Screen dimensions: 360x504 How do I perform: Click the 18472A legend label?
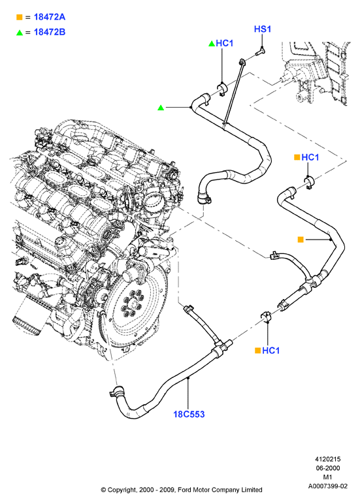pos(50,17)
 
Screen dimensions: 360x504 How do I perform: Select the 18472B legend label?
pos(50,32)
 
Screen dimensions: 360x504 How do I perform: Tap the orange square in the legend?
pos(20,17)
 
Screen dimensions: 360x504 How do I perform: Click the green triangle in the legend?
pos(20,33)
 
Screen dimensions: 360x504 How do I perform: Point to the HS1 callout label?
pos(263,29)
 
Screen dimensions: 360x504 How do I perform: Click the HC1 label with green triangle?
pos(225,43)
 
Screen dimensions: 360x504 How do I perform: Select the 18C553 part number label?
pos(189,414)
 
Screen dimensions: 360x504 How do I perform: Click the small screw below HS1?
pos(260,51)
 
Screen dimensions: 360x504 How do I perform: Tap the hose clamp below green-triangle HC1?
pos(222,89)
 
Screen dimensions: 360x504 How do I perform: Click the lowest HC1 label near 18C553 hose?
pos(271,351)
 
